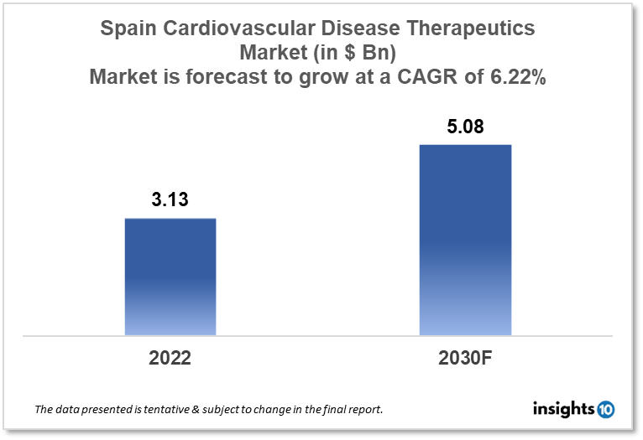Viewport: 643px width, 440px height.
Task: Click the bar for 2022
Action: pos(170,277)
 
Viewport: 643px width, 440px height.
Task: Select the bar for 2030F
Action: pos(465,240)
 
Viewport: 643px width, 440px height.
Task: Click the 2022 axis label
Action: pos(170,358)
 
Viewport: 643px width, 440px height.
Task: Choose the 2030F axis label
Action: pos(465,358)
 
